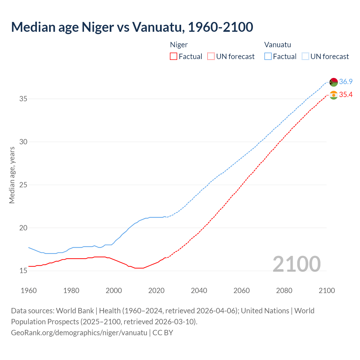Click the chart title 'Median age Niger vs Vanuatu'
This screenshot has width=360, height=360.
132,27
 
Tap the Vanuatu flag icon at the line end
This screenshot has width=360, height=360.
334,82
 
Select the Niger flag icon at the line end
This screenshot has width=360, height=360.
334,95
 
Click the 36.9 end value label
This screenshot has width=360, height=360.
346,82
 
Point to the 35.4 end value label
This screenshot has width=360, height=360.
346,95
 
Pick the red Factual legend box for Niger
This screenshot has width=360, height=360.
174,57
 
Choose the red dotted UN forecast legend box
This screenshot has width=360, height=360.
211,57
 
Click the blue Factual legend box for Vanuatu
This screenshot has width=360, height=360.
268,57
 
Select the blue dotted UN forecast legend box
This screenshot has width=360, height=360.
305,57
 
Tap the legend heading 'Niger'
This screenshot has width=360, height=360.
179,45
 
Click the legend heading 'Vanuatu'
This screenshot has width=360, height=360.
278,45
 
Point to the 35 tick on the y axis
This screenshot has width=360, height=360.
23,99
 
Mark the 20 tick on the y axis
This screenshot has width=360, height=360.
23,228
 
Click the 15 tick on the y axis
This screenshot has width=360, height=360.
23,271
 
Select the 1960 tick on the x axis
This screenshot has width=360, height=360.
29,291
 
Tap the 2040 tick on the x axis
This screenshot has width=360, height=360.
199,291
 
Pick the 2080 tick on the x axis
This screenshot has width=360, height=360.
284,291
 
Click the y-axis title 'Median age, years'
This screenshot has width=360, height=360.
12,175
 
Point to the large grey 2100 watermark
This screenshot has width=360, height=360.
296,264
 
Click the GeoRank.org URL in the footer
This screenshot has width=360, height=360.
79,333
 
